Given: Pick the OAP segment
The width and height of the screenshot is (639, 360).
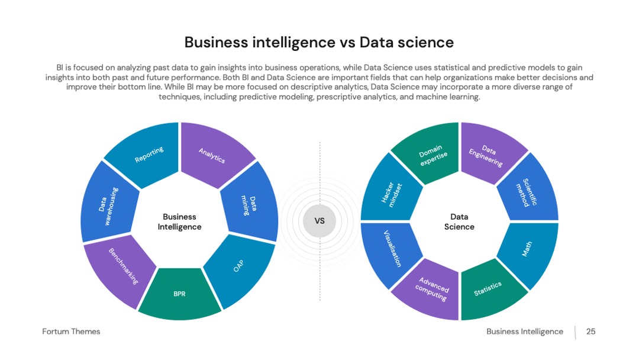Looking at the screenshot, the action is pyautogui.click(x=240, y=269).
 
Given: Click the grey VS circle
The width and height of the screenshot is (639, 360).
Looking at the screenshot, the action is pyautogui.click(x=319, y=221).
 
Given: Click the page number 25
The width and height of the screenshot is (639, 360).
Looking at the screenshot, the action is pyautogui.click(x=591, y=332).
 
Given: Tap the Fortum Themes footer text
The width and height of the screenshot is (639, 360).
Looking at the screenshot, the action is pyautogui.click(x=71, y=332).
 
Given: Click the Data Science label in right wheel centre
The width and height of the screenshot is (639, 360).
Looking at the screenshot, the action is pyautogui.click(x=459, y=222).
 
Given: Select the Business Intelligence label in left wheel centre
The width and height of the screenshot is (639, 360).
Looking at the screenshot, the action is pyautogui.click(x=179, y=222).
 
